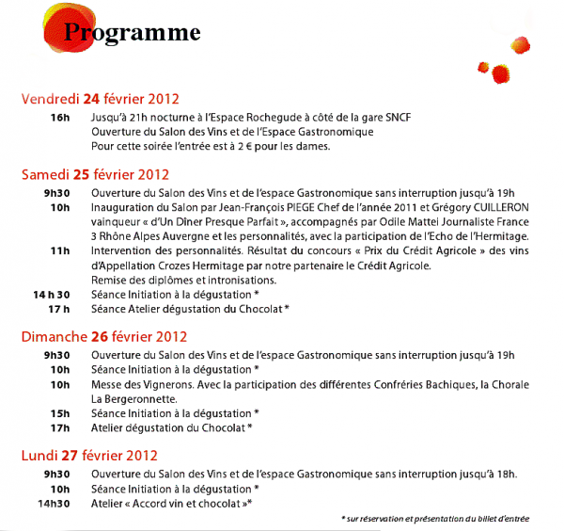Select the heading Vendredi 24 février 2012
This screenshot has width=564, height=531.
tap(101, 98)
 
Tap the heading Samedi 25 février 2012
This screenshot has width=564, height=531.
tap(95, 173)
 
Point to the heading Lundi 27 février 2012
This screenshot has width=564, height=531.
tap(88, 456)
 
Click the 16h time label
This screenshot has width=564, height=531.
tap(60, 117)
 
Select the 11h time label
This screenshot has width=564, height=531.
tap(61, 250)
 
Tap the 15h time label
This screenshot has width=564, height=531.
tap(61, 412)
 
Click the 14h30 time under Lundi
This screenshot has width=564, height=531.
tap(55, 504)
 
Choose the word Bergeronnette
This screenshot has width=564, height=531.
tap(134, 398)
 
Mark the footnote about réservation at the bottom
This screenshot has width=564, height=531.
tap(434, 519)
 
